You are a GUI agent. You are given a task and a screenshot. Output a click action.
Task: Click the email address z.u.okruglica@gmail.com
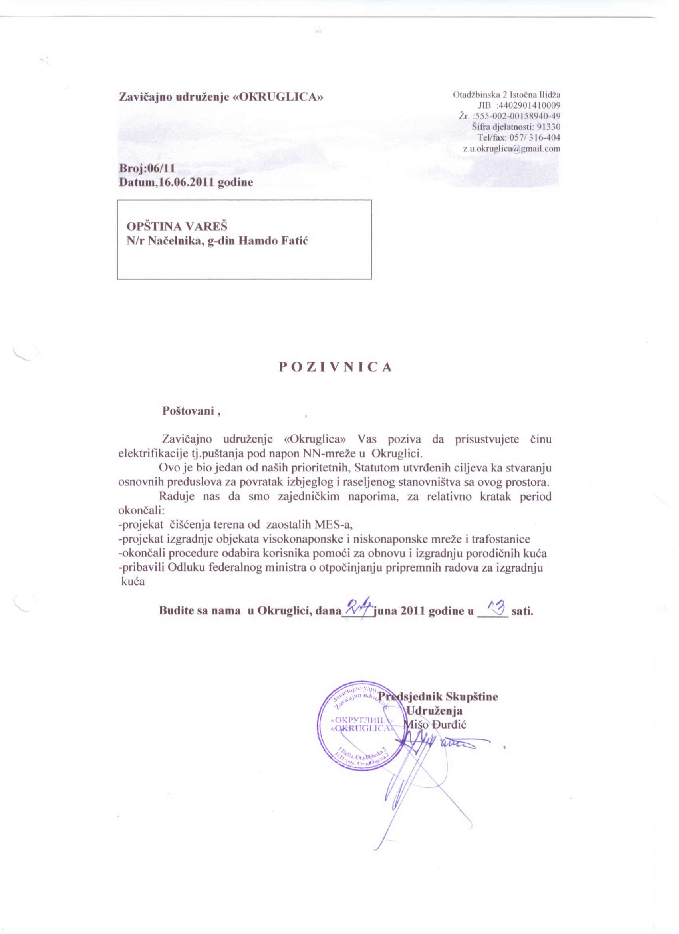511,149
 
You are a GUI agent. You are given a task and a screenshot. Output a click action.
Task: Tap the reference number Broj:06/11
147,168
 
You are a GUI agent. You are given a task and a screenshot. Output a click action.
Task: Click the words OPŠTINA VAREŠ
177,226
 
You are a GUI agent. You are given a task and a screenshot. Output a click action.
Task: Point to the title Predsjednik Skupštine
438,696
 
